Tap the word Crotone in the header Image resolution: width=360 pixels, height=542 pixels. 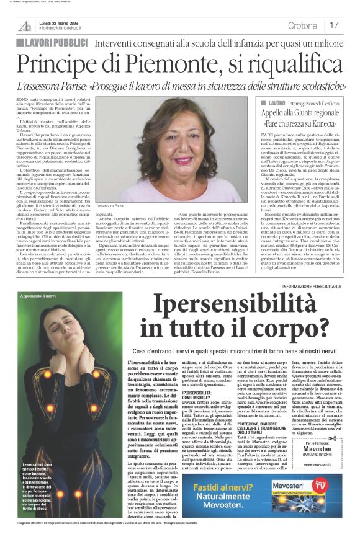pyautogui.click(x=302, y=25)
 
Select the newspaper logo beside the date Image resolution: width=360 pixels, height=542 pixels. pyautogui.click(x=25, y=24)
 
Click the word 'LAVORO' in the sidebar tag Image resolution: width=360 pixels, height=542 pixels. pyautogui.click(x=277, y=102)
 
